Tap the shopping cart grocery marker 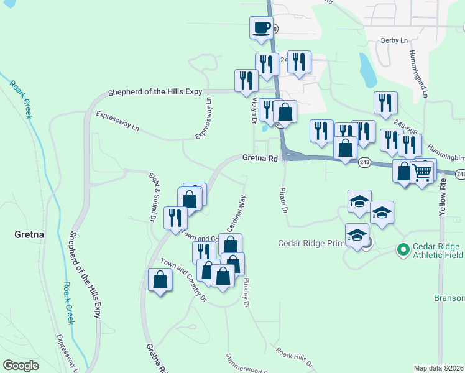[422, 172]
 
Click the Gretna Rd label [259, 159]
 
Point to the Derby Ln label [395, 40]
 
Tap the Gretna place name [28, 235]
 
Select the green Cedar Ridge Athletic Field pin [403, 251]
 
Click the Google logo [21, 366]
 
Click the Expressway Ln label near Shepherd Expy [117, 121]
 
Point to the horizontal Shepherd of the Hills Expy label [155, 92]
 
